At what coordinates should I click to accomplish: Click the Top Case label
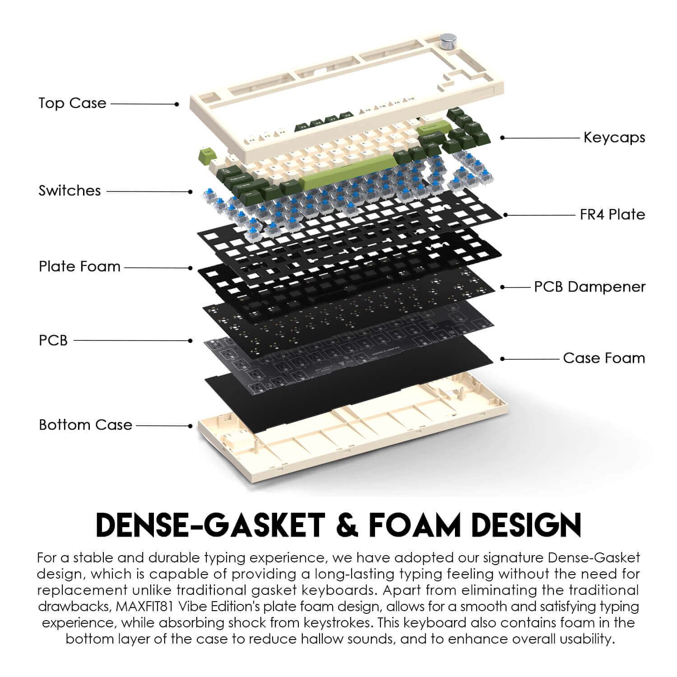click(73, 103)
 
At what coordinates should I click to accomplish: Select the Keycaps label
click(614, 137)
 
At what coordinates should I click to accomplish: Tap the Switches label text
click(70, 190)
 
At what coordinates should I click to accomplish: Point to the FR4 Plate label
click(612, 214)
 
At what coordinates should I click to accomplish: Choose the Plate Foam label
click(79, 266)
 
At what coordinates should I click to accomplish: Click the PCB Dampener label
click(589, 287)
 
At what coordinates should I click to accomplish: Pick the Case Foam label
click(604, 358)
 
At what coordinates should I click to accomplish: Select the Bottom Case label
click(85, 425)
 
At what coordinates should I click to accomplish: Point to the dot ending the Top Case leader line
click(177, 104)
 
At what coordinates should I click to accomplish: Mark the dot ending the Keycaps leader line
click(503, 137)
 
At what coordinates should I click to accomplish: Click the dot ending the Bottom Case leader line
click(190, 426)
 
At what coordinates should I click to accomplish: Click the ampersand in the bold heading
click(347, 524)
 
